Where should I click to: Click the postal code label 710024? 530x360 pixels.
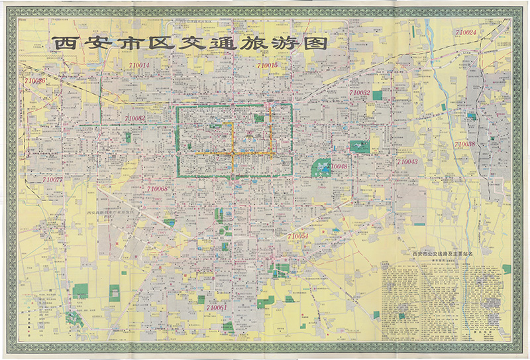466,32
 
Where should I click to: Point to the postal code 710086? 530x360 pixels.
35,81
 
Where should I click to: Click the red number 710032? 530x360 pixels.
358,93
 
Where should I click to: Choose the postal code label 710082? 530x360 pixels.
134,118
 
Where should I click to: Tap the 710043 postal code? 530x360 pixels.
406,162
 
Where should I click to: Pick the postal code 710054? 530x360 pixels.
297,236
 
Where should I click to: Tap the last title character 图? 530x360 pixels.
315,42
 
